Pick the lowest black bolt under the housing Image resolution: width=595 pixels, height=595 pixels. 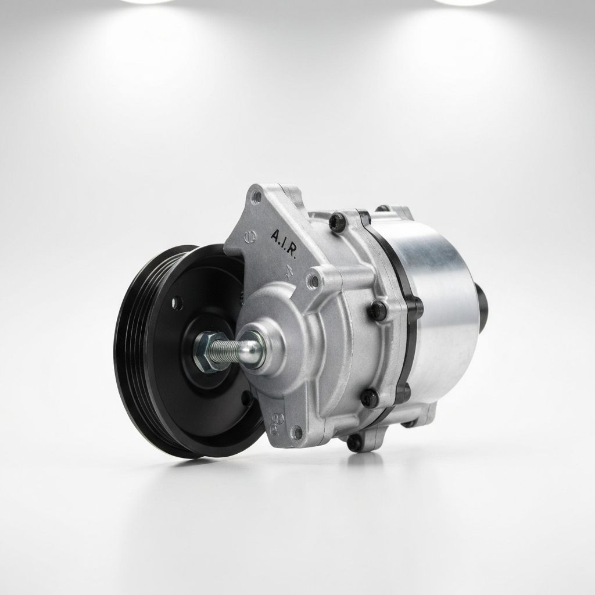(354, 443)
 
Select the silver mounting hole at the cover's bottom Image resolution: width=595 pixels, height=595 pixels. (298, 432)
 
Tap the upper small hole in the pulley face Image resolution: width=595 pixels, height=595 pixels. (177, 302)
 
